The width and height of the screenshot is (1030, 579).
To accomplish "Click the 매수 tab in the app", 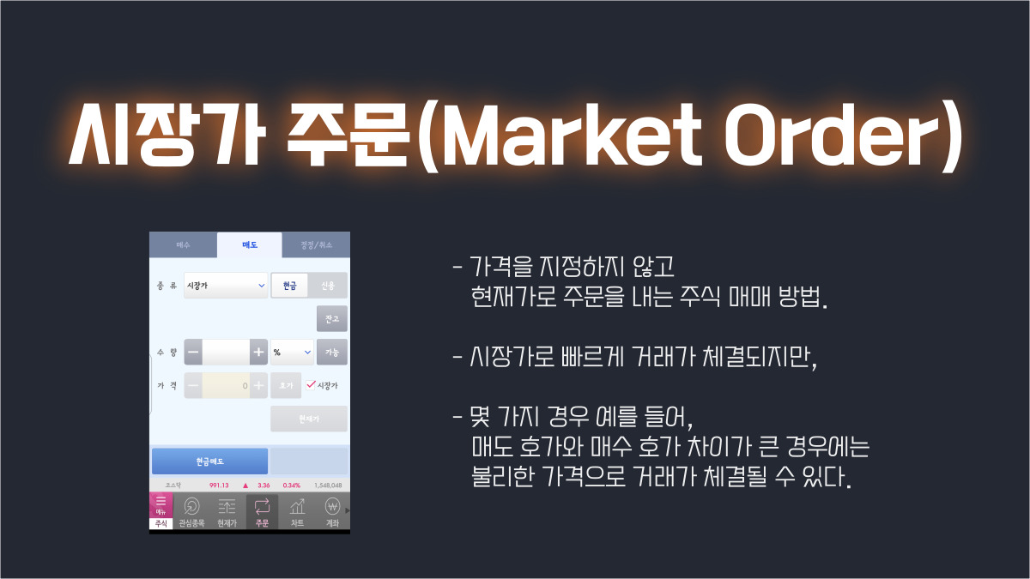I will (183, 245).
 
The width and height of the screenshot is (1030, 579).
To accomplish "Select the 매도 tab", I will (249, 245).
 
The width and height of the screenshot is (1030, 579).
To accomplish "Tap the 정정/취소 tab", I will (315, 245).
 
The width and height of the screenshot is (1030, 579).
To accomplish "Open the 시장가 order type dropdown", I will (226, 286).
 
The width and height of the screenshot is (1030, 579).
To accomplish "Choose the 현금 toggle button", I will (289, 286).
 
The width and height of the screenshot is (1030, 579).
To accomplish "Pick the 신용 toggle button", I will (328, 286).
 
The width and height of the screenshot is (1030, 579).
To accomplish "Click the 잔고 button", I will (332, 319).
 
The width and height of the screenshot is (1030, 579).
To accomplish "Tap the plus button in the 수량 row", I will (257, 352).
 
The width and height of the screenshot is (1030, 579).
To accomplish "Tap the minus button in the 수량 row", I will (193, 352).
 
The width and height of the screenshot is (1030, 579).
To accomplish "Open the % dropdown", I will (292, 352).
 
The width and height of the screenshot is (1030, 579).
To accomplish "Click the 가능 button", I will (332, 352).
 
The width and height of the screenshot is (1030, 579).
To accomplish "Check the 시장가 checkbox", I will (311, 385).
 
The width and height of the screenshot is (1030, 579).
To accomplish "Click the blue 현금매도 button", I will (209, 461).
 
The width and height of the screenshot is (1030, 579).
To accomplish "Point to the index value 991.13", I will (219, 485).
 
